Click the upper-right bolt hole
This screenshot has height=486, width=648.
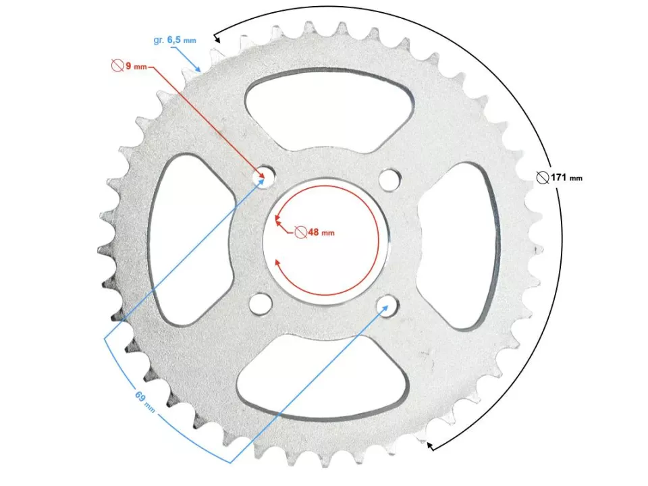[388, 180]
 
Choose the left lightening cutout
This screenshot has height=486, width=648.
[184, 240]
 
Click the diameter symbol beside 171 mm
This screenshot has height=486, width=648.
[541, 178]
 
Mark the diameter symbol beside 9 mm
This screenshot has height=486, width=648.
[117, 65]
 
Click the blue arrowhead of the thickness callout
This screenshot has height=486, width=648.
[200, 70]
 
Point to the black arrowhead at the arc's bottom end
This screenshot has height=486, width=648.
[431, 445]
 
